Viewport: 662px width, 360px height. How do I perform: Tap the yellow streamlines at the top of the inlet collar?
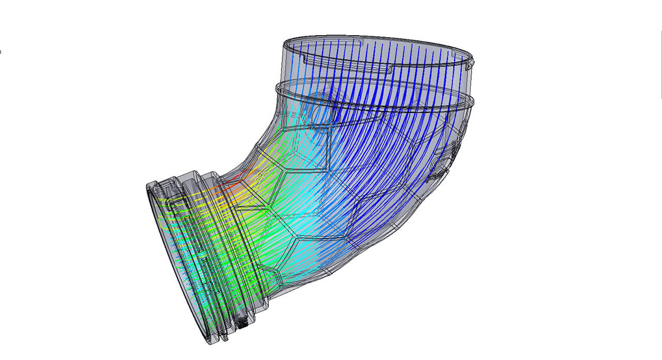[x=171, y=199]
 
